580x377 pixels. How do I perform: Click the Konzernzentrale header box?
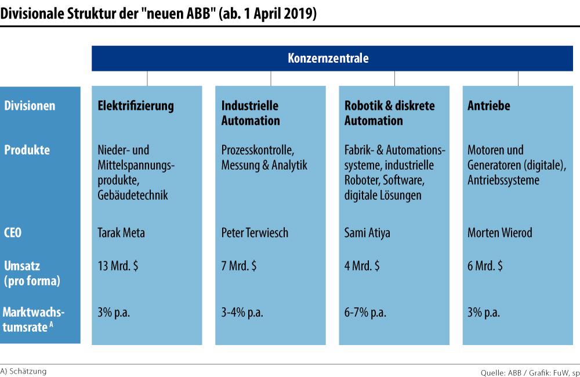coord(328,58)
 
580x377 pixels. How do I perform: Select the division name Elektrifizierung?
coord(136,106)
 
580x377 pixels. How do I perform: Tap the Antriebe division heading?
coord(488,106)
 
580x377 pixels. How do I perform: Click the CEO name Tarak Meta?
coord(121,234)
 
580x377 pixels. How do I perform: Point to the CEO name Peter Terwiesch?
coord(255,234)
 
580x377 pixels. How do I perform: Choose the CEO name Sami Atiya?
coord(367,234)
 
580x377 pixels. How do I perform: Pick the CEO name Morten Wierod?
coord(499,234)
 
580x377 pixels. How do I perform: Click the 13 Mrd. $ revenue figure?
coord(118,267)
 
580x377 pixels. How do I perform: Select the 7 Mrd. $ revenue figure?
coord(238,267)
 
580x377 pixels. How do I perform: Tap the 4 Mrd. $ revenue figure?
coord(362,267)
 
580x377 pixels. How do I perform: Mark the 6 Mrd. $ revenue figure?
coord(485,267)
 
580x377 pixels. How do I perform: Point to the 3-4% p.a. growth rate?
coord(242,313)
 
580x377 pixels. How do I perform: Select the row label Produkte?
coord(27,150)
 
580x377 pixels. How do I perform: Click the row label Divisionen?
coord(30,106)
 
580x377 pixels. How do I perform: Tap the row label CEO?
coord(14,234)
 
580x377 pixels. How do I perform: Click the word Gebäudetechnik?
coord(133,195)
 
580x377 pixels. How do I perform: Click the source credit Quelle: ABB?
coord(502,372)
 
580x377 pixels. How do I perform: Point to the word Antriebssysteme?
coord(503,180)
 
